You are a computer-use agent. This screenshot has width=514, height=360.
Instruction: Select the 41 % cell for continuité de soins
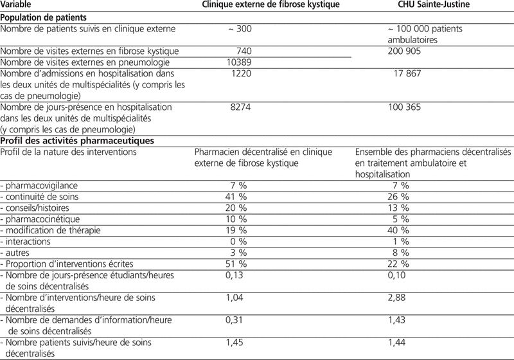click(x=235, y=196)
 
